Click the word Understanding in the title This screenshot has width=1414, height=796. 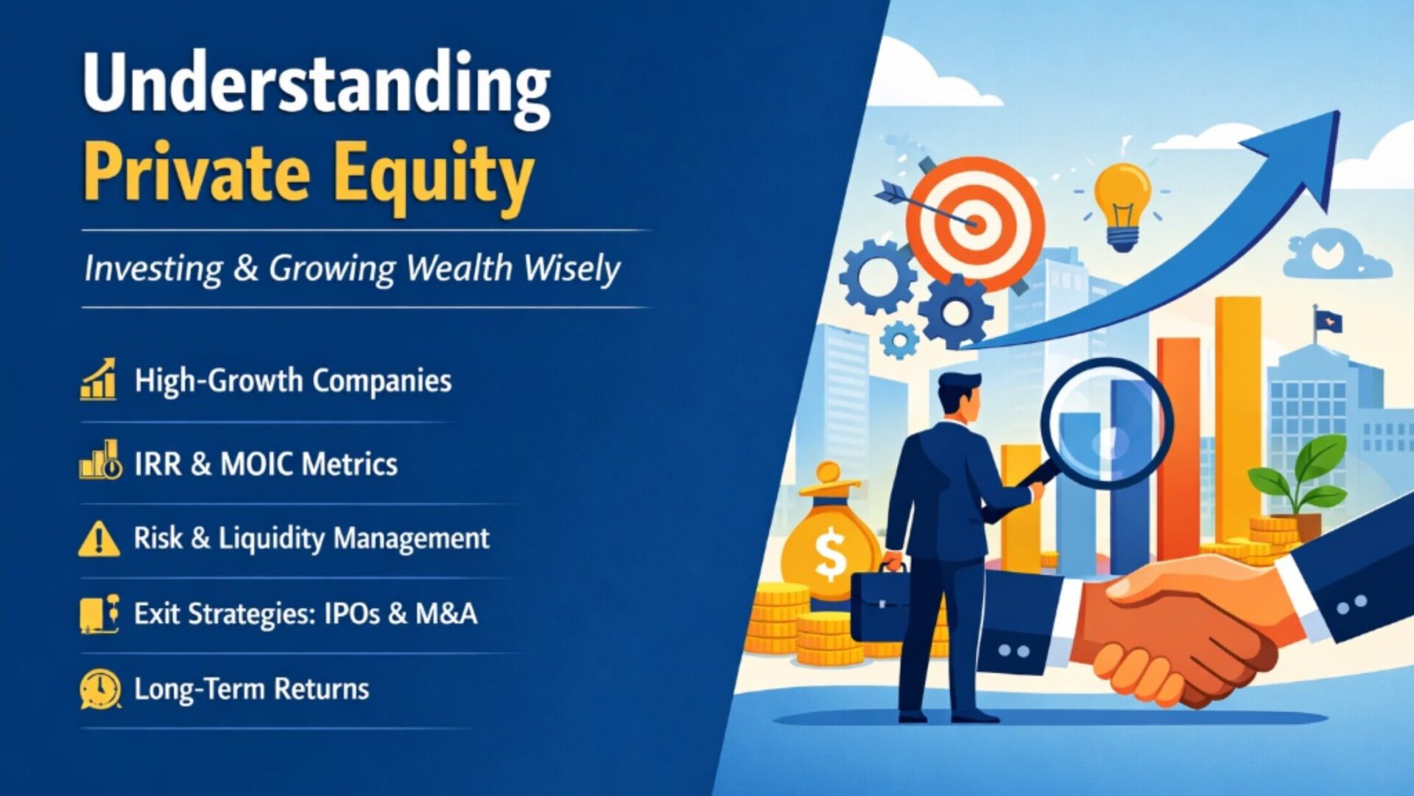[317, 85]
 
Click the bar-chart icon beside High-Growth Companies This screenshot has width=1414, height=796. [99, 380]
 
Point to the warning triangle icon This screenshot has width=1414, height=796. [99, 539]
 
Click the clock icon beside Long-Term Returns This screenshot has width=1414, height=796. [100, 689]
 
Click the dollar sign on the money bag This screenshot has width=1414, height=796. [831, 554]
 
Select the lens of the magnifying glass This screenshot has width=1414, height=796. [1105, 423]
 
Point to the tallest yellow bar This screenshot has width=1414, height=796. [1238, 413]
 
